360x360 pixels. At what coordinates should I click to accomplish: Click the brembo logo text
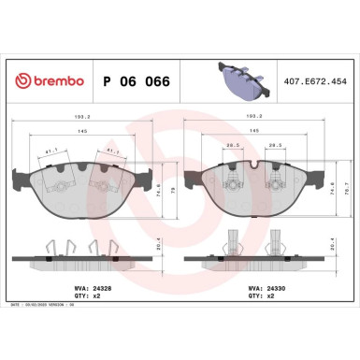click(x=51, y=81)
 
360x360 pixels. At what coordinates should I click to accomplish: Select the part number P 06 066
click(x=135, y=81)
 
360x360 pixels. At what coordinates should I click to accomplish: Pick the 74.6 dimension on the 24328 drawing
click(x=159, y=185)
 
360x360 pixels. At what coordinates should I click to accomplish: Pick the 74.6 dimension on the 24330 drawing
click(x=336, y=185)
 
